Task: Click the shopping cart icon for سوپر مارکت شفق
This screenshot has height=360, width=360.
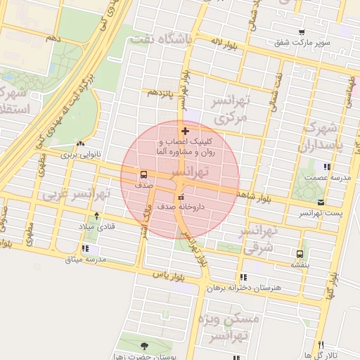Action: tap(302, 32)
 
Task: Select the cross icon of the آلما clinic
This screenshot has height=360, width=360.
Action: tap(185, 131)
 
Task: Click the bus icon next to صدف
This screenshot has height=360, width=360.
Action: tap(143, 174)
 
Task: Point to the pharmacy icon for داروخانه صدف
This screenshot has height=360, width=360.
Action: tap(182, 196)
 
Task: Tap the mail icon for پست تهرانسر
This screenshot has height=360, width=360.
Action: tap(321, 202)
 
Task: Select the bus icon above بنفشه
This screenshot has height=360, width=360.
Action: tap(300, 254)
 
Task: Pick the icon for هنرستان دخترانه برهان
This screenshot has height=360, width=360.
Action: tap(243, 278)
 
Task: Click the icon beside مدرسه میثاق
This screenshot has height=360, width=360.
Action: tap(85, 248)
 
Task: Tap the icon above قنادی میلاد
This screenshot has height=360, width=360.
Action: tap(96, 216)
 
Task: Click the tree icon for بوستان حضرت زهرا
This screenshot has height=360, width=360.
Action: tap(144, 346)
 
